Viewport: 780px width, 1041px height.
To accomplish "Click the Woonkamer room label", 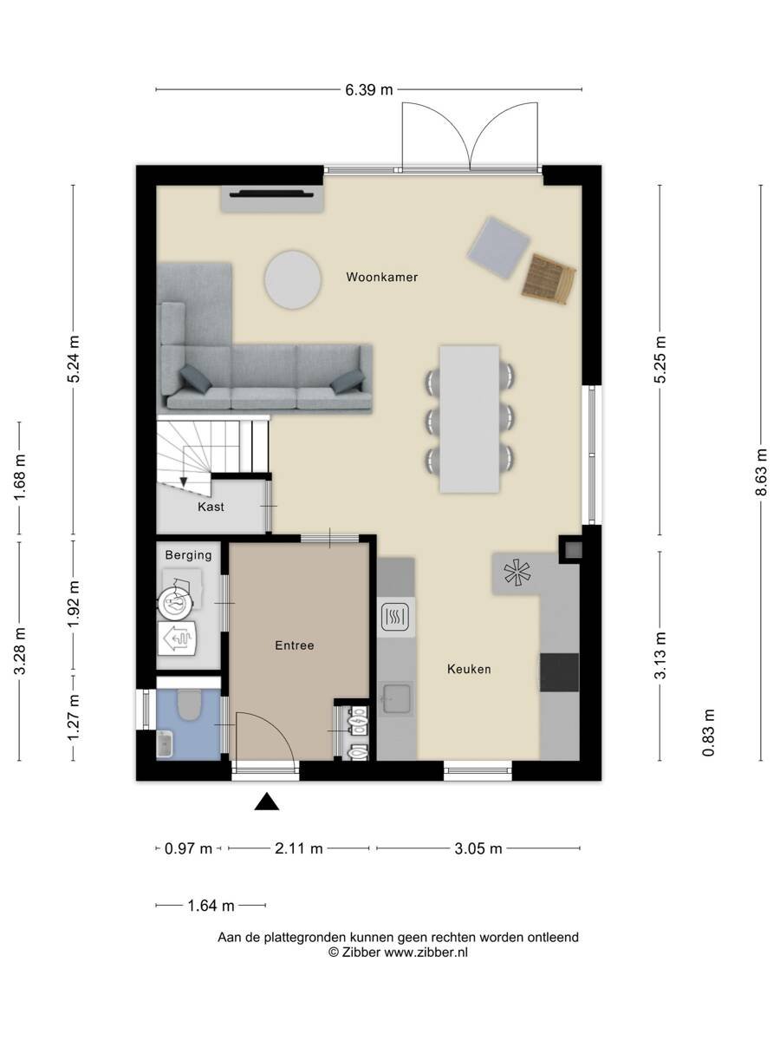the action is pyautogui.click(x=381, y=277).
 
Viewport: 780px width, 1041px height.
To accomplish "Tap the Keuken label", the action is pyautogui.click(x=469, y=669).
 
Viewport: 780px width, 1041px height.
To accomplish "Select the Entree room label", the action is pyautogui.click(x=295, y=645).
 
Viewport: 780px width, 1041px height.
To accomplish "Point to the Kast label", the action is pyautogui.click(x=211, y=507).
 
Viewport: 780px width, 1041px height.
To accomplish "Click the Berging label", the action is pyautogui.click(x=188, y=555).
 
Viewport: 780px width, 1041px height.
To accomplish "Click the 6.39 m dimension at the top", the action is pyautogui.click(x=369, y=90).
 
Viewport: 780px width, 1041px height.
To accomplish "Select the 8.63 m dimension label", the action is pyautogui.click(x=761, y=472).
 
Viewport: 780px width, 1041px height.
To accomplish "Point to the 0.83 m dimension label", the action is pyautogui.click(x=708, y=732).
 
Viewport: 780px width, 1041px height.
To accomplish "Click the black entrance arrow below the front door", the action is pyautogui.click(x=267, y=801).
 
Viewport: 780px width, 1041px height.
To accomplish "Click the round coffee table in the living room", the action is pyautogui.click(x=293, y=280).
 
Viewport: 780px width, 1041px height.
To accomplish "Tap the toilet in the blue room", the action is pyautogui.click(x=189, y=704).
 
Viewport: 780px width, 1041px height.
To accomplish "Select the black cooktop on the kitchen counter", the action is pyautogui.click(x=559, y=672).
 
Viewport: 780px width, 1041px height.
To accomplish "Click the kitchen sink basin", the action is pyautogui.click(x=397, y=698).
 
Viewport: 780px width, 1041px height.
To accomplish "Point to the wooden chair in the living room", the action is pyautogui.click(x=549, y=280).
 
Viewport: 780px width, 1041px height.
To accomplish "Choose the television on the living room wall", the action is pyautogui.click(x=272, y=193).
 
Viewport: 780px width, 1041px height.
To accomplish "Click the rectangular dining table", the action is pyautogui.click(x=470, y=419).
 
